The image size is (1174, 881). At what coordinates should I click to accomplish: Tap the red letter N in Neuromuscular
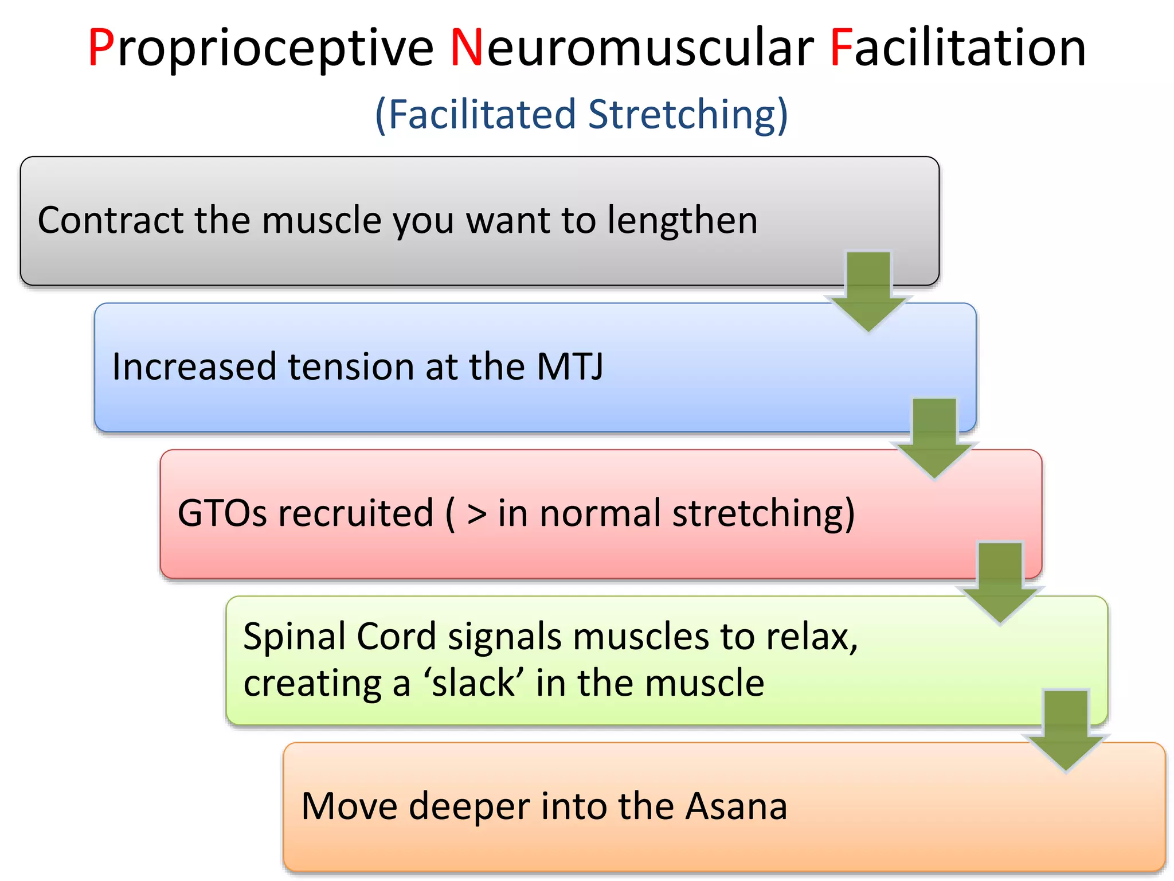(466, 48)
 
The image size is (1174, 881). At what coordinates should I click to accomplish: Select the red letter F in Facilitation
(841, 48)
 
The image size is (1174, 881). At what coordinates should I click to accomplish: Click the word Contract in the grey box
(110, 220)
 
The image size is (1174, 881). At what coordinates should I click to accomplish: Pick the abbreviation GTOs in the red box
(222, 513)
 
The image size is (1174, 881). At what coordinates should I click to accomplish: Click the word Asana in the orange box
(737, 806)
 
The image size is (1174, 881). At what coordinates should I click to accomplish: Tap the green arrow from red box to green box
(1000, 582)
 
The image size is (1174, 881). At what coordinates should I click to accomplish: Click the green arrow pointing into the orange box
(1066, 730)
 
